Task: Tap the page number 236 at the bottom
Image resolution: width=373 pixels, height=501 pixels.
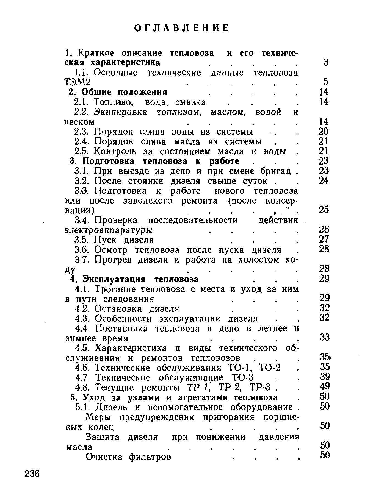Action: click(x=32, y=474)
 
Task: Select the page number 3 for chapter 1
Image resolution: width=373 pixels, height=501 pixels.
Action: click(x=326, y=62)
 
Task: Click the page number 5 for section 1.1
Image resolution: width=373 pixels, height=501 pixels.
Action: click(x=326, y=82)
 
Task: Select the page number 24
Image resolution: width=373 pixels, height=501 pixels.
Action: click(x=324, y=180)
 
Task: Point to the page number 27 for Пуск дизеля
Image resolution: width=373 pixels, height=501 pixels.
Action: click(x=324, y=239)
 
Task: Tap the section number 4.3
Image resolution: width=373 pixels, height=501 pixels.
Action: click(x=82, y=319)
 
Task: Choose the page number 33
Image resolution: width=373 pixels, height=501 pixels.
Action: click(x=325, y=337)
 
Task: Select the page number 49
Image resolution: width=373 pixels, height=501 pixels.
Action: click(x=325, y=386)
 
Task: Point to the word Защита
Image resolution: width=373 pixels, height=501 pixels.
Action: click(x=103, y=437)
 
